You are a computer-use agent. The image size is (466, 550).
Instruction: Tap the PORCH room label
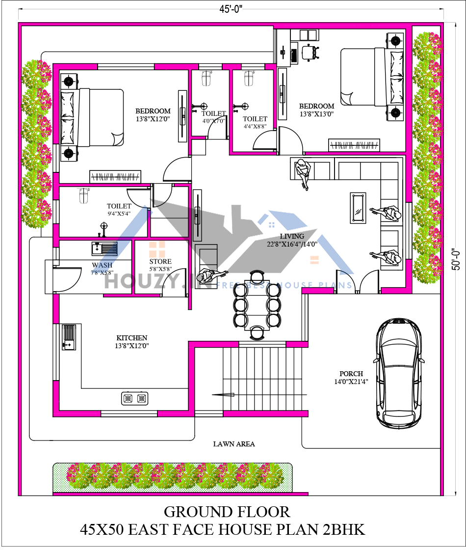tap(351, 374)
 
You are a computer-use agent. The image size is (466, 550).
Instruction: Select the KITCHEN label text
tap(131, 338)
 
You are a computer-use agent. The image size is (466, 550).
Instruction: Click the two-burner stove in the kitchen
tap(135, 398)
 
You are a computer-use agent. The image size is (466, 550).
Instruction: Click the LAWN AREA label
tap(234, 444)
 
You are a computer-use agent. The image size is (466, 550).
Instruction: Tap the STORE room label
tap(160, 262)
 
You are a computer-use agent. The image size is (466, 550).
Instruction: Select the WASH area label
tap(102, 266)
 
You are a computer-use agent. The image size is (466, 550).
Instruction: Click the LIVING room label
tap(292, 236)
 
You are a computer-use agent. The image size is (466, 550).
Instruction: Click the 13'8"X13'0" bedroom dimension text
tap(316, 114)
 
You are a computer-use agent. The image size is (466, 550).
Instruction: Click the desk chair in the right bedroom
tap(309, 51)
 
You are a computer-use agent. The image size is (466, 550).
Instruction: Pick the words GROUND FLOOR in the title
tap(227, 512)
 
